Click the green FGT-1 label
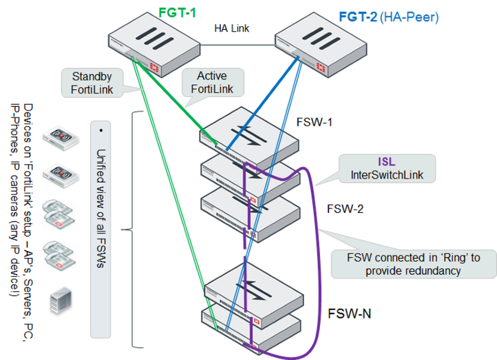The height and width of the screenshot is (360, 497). click(178, 12)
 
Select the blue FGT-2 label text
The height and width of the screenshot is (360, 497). click(358, 18)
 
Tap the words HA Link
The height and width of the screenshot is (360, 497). click(232, 28)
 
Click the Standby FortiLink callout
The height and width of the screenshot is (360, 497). click(92, 83)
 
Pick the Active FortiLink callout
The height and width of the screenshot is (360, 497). click(212, 82)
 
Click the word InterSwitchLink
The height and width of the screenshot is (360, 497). click(387, 175)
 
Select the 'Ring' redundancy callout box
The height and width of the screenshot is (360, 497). click(414, 264)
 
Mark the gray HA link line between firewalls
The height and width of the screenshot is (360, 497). click(238, 45)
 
